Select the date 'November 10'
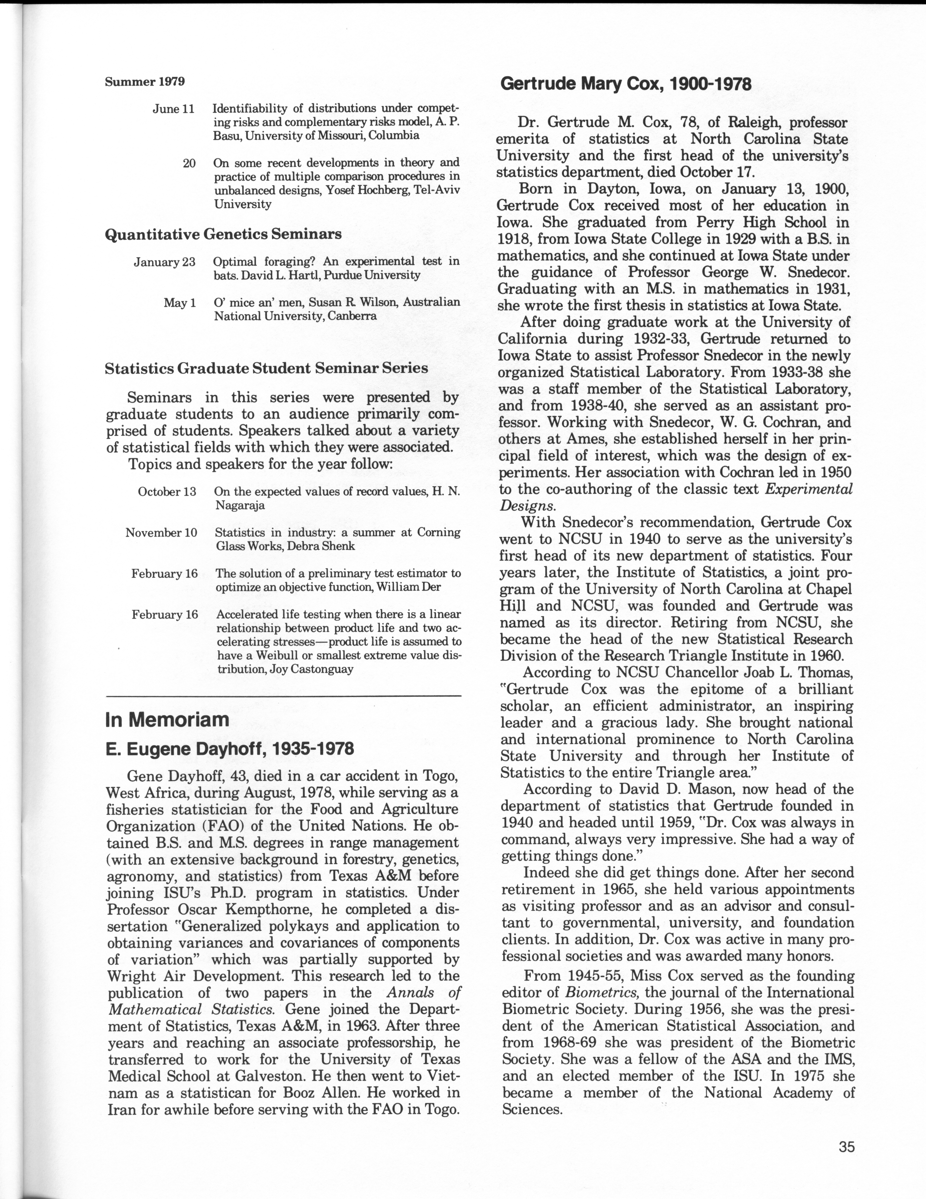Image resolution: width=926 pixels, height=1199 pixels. click(161, 532)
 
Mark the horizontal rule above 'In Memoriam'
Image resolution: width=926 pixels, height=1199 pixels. click(283, 696)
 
